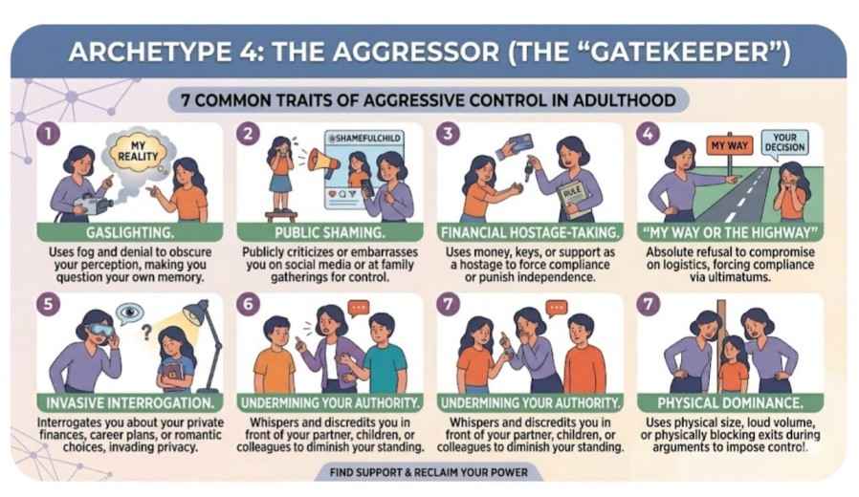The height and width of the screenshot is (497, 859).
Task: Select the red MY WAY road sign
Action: pos(730,146)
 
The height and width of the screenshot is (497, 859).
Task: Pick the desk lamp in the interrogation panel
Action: pos(194,320)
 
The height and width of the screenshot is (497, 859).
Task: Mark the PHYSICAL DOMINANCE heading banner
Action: pos(732,402)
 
